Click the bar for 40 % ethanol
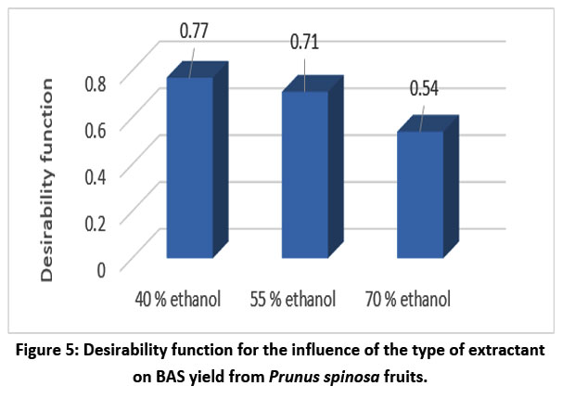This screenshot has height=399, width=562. pyautogui.click(x=189, y=167)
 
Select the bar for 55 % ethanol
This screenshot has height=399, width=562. pyautogui.click(x=304, y=174)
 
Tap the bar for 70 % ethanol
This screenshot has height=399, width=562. pyautogui.click(x=419, y=195)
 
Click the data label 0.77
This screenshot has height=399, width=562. pyautogui.click(x=197, y=30)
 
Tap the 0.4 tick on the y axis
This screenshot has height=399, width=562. pyautogui.click(x=95, y=174)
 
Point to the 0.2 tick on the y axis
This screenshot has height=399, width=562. pyautogui.click(x=95, y=222)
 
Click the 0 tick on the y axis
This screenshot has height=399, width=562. pyautogui.click(x=100, y=269)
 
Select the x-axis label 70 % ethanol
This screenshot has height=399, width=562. pyautogui.click(x=408, y=300)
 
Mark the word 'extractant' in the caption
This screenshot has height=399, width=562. pyautogui.click(x=496, y=353)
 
